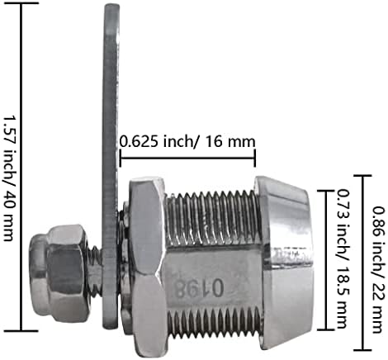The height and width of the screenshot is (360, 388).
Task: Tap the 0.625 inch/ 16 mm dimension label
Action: (187, 142)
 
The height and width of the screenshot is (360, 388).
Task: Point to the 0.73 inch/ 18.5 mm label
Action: (343, 259)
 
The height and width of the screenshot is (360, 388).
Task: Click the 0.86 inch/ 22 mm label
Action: (378, 270)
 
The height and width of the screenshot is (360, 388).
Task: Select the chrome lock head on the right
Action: (284, 263)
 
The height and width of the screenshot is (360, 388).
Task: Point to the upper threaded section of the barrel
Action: (213, 217)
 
